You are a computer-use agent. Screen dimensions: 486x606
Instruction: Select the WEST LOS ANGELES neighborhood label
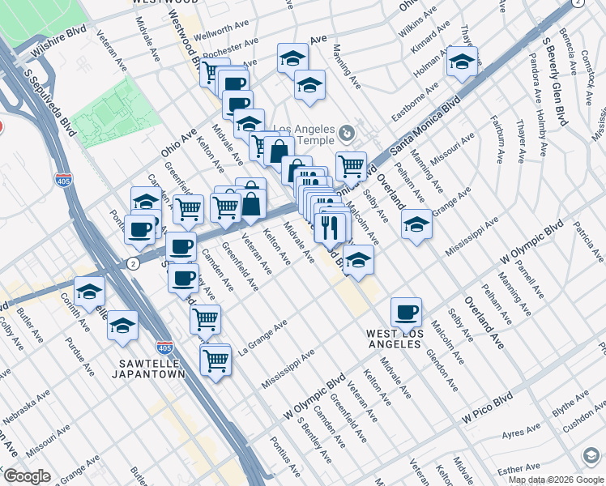coord(394,338)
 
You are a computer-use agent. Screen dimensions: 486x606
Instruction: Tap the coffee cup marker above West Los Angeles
coord(405,312)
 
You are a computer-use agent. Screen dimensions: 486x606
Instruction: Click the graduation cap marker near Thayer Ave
coord(462,62)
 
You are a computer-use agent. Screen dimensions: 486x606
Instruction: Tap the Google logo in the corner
coord(27,476)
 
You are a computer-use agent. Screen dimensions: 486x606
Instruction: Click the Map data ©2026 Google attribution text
coord(557,480)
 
